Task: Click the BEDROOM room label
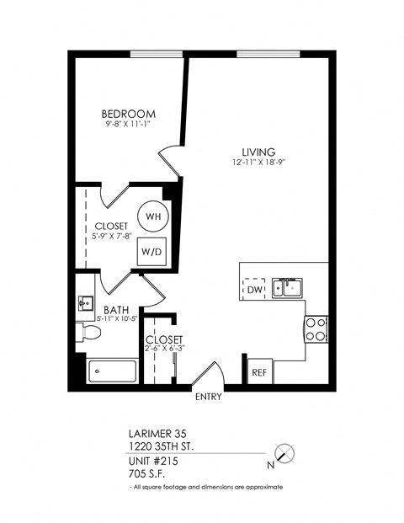click(x=129, y=115)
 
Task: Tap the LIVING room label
click(x=253, y=152)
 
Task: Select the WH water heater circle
click(x=152, y=216)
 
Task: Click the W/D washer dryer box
click(x=151, y=251)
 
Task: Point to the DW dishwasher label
click(x=253, y=291)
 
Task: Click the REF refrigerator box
click(x=258, y=371)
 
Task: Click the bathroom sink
click(x=84, y=302)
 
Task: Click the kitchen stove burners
click(x=316, y=328)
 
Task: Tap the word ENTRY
click(x=208, y=397)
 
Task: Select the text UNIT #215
click(x=153, y=461)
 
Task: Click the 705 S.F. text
click(x=146, y=474)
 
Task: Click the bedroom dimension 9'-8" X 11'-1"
click(x=129, y=126)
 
